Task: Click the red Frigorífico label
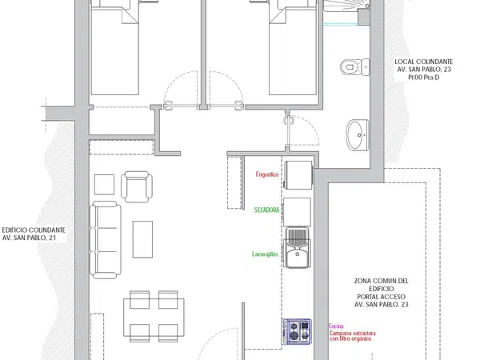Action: (267, 174)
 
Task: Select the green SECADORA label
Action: (267, 210)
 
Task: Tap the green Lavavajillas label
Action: (265, 254)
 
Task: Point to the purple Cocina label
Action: (336, 326)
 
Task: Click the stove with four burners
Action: (297, 331)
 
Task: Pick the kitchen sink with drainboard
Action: (297, 248)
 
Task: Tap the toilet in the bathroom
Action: (354, 66)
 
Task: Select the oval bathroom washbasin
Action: (358, 135)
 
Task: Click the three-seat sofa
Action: (106, 240)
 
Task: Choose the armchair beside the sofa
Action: (137, 186)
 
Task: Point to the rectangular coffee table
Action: (142, 239)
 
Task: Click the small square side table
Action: (104, 185)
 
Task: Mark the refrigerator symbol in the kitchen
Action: (298, 174)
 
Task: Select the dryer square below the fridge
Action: (297, 211)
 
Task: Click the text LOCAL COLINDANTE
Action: (424, 62)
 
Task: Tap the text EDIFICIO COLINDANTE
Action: (34, 230)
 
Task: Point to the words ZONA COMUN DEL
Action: (382, 281)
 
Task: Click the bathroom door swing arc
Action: (309, 124)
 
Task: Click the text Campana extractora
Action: (353, 333)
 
